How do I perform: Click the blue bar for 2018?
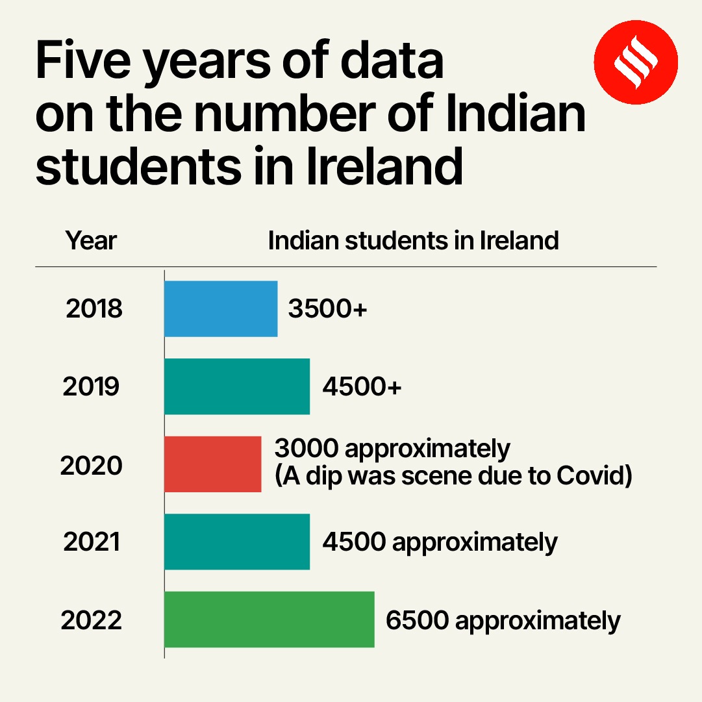point(221,308)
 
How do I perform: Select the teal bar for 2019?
point(237,386)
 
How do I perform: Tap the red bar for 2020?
point(212,464)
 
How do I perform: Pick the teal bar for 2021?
point(237,542)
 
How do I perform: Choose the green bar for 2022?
point(269,620)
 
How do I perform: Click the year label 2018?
point(94,309)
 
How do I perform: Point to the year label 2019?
point(92,387)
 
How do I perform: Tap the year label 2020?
point(92,465)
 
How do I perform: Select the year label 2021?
point(92,542)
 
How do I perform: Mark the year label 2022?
point(92,621)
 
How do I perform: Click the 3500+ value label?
point(328,309)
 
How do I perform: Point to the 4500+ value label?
point(362,387)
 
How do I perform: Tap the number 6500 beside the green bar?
point(417,620)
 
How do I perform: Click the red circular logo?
point(636,62)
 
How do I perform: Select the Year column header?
point(91,241)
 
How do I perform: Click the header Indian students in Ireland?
point(413,241)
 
